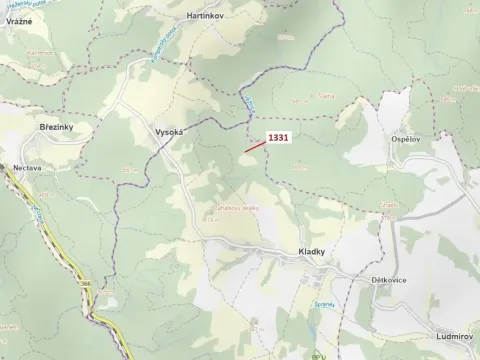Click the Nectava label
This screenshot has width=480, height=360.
click(27, 168)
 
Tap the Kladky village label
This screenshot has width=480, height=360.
click(312, 253)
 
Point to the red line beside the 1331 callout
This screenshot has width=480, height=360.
click(256, 147)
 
